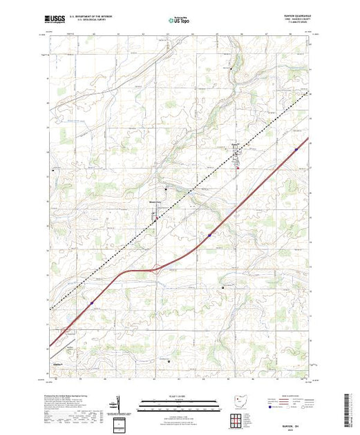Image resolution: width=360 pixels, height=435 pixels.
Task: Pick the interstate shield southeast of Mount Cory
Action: pyautogui.click(x=209, y=235)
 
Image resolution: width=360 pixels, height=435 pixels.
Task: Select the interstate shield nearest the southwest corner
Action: pyautogui.click(x=91, y=301)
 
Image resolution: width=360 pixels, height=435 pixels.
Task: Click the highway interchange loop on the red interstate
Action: pyautogui.click(x=160, y=270)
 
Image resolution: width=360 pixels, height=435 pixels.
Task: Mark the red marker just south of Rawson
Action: pyautogui.click(x=238, y=166)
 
